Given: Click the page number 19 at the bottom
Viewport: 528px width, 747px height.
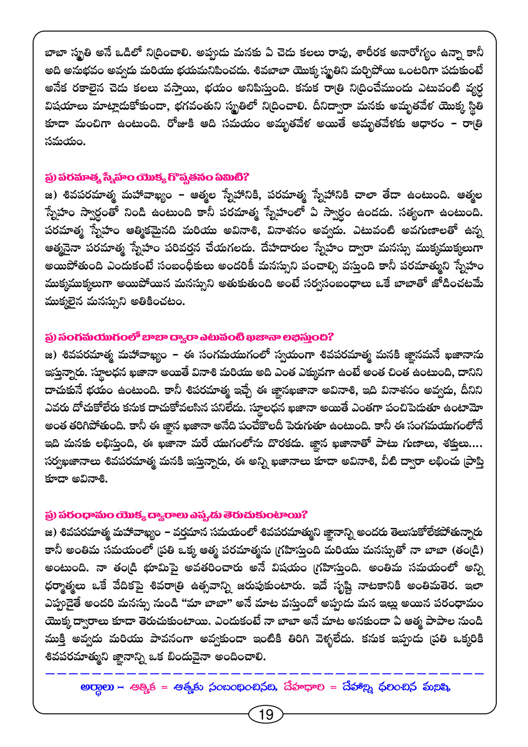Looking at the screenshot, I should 265,714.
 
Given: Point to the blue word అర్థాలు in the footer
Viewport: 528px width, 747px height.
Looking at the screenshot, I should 98,687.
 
